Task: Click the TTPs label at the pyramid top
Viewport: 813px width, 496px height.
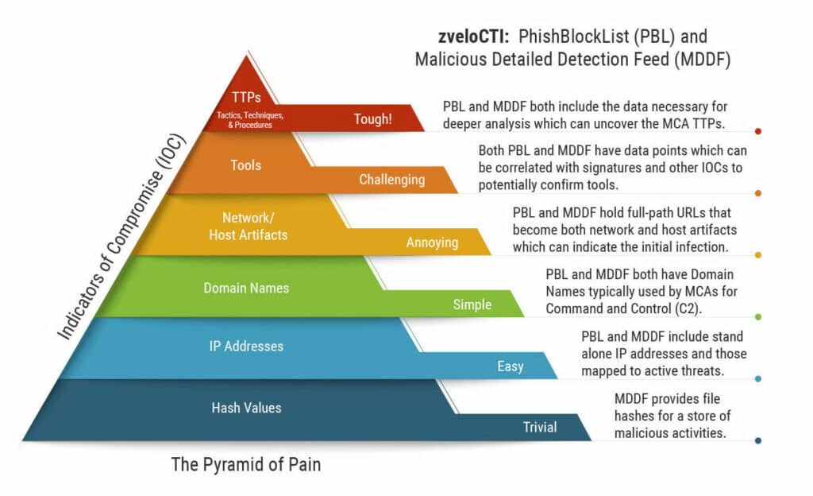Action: pyautogui.click(x=246, y=98)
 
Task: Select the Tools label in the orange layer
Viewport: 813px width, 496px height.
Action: pyautogui.click(x=246, y=165)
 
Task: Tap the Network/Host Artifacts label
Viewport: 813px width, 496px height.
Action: pyautogui.click(x=249, y=227)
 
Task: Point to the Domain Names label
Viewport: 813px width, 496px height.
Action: pyautogui.click(x=246, y=288)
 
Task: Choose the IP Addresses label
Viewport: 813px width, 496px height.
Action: pyautogui.click(x=246, y=346)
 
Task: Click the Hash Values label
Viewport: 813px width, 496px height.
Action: pyautogui.click(x=246, y=408)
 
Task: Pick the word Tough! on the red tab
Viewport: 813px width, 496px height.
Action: pyautogui.click(x=373, y=119)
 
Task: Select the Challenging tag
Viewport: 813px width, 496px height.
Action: pyautogui.click(x=392, y=180)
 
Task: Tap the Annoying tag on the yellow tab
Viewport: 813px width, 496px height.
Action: pyautogui.click(x=433, y=242)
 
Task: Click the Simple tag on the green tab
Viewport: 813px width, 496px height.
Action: pyautogui.click(x=472, y=304)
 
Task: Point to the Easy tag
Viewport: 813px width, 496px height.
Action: pyautogui.click(x=511, y=366)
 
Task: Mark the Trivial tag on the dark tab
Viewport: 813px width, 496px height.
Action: pyautogui.click(x=540, y=427)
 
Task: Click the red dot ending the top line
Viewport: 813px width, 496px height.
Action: pyautogui.click(x=758, y=131)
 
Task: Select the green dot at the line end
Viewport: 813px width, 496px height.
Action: pyautogui.click(x=758, y=317)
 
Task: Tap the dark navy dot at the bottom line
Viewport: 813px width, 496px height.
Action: pyautogui.click(x=758, y=441)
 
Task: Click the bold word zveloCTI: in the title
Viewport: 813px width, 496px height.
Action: pyautogui.click(x=474, y=37)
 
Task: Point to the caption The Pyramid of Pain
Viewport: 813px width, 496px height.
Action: pyautogui.click(x=246, y=464)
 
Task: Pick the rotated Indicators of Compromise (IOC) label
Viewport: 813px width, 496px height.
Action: pyautogui.click(x=121, y=237)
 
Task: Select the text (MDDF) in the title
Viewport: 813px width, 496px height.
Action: pyautogui.click(x=703, y=60)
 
